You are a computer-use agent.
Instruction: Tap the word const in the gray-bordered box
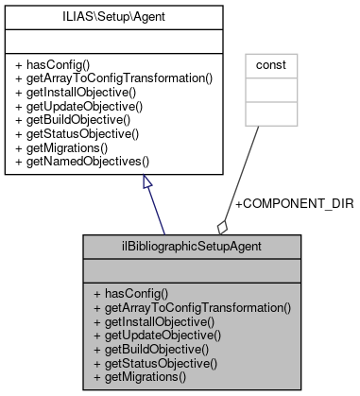pos(265,66)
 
